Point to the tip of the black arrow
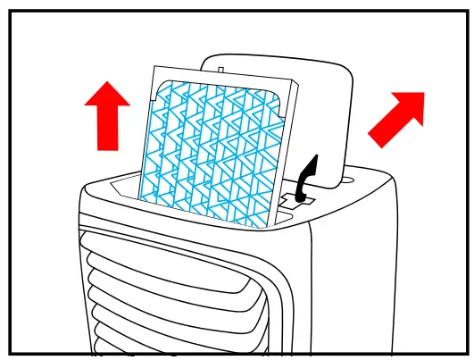312,157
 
